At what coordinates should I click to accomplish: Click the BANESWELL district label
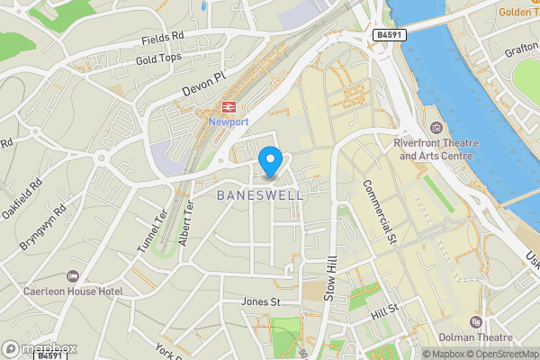click(x=260, y=193)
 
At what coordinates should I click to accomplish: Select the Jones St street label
click(x=260, y=301)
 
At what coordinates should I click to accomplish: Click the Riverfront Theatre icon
click(x=436, y=126)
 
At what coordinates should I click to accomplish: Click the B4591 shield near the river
click(x=388, y=33)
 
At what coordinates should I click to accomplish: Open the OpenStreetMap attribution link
click(x=498, y=354)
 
